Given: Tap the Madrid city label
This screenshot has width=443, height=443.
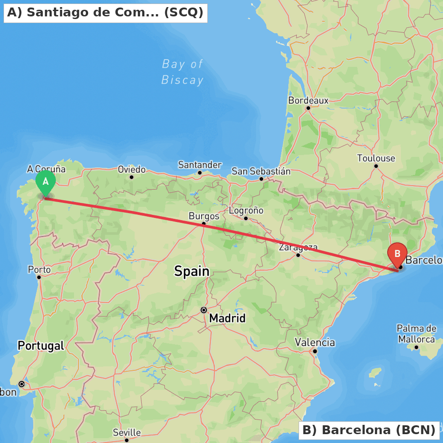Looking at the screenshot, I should (227, 318).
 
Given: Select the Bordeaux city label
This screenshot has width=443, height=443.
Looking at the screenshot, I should (308, 101).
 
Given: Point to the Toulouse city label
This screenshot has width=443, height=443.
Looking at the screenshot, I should (376, 158).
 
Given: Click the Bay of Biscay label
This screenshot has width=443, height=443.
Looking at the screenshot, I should (183, 72).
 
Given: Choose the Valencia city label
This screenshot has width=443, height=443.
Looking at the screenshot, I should (315, 342).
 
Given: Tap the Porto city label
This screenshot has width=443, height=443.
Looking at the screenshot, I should (39, 269).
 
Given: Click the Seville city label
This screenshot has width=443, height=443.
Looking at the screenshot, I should (127, 432).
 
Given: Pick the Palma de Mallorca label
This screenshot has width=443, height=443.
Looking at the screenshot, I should (416, 334).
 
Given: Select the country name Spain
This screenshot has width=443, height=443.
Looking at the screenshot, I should (191, 271).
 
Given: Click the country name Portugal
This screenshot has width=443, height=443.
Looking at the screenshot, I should (41, 346).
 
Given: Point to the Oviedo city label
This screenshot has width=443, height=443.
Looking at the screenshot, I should (132, 169).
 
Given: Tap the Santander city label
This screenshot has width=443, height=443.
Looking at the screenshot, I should (200, 165).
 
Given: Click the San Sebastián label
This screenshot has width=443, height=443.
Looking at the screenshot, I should (261, 171).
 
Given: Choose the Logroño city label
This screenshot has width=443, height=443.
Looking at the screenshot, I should (246, 210).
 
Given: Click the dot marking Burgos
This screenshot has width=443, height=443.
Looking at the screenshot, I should (203, 224).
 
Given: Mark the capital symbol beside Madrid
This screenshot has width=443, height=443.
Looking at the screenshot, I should (204, 310).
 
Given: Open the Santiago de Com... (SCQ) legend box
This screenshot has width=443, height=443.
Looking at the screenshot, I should (105, 13).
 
